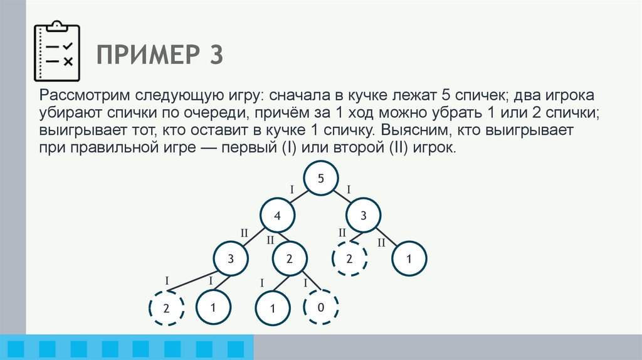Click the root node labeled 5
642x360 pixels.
click(x=320, y=179)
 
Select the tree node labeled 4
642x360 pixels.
click(x=276, y=217)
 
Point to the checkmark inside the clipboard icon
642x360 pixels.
click(x=68, y=46)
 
